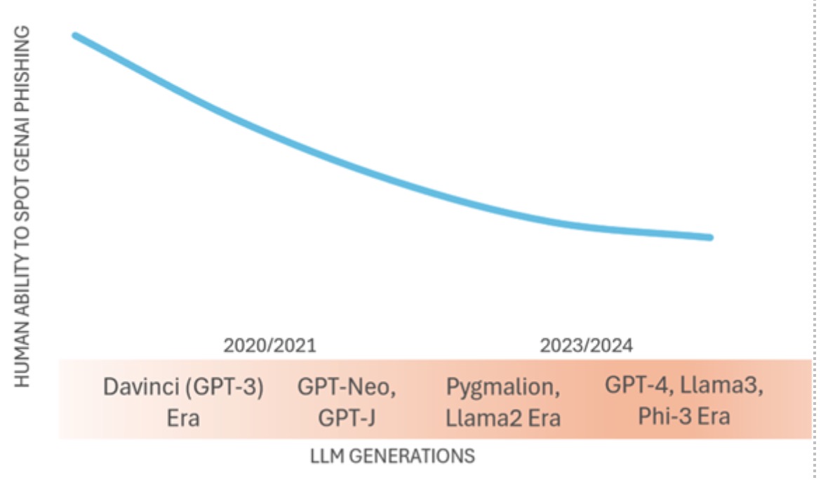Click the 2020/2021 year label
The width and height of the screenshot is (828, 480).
[269, 345]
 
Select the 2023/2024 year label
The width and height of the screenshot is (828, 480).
[586, 345]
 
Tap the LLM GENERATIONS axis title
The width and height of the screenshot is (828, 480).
[392, 456]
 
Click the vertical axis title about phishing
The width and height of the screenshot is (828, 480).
[22, 207]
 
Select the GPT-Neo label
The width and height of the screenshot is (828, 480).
[347, 388]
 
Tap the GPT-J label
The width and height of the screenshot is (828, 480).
[347, 418]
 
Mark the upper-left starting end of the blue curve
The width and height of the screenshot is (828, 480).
[76, 36]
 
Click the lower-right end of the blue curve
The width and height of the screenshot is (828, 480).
[709, 237]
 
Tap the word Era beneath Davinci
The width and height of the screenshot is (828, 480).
[183, 418]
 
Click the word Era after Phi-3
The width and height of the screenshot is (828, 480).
[715, 416]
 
